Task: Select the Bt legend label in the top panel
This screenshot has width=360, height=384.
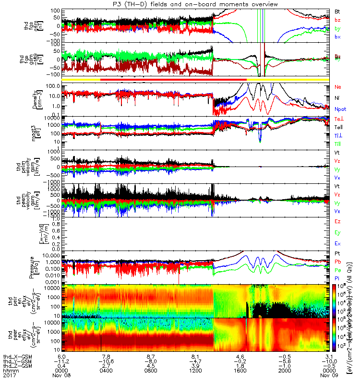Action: click(x=337, y=11)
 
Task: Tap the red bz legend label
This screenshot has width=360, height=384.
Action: click(x=337, y=20)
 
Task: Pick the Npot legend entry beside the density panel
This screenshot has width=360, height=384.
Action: click(x=340, y=109)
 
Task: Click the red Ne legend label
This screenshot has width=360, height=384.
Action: click(x=338, y=87)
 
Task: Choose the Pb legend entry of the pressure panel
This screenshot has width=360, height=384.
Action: click(x=337, y=262)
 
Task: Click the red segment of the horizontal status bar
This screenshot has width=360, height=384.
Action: click(x=173, y=79)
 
